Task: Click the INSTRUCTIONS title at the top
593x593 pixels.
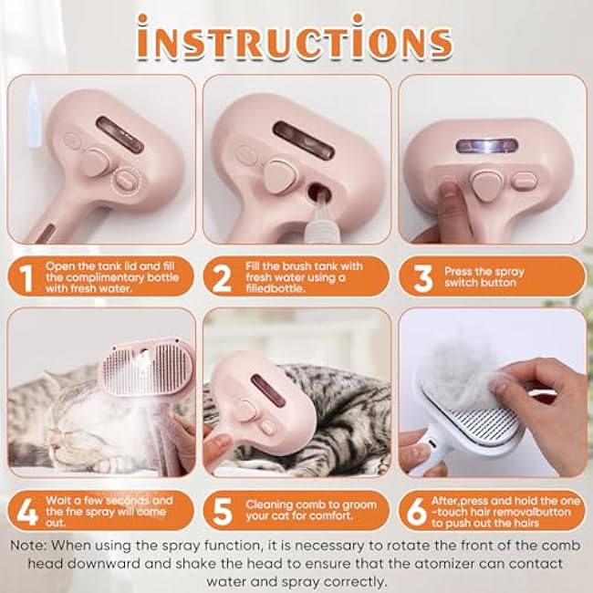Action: [296, 41]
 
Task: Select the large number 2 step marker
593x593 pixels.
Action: [223, 276]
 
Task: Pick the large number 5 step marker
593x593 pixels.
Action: [223, 510]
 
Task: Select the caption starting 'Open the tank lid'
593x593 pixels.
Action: [111, 276]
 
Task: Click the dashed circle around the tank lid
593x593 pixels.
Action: [129, 180]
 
